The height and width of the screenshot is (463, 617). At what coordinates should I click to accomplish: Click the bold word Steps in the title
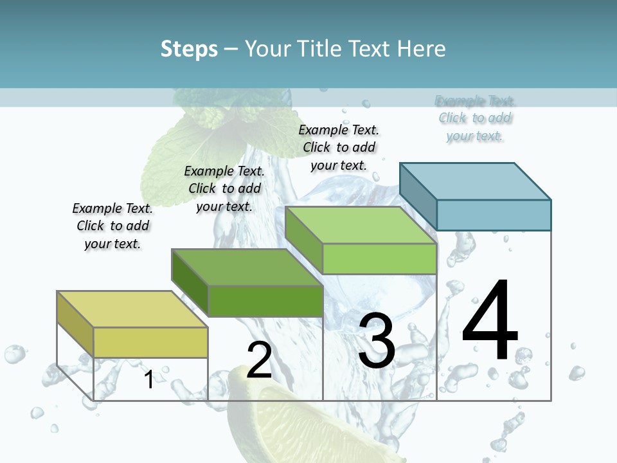[x=189, y=49]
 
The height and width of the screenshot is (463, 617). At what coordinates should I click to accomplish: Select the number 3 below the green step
[x=377, y=341]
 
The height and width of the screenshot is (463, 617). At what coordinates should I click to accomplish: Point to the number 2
[x=259, y=360]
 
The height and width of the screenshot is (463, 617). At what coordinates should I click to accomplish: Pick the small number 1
[x=148, y=379]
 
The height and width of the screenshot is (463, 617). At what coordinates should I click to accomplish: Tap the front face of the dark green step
[x=265, y=301]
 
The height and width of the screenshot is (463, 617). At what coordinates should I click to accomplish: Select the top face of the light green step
[x=360, y=225]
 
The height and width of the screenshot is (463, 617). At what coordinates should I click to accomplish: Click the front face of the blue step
[x=494, y=215]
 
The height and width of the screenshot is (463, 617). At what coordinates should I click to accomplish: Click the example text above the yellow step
[x=112, y=226]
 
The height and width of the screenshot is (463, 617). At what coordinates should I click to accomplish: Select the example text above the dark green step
[x=224, y=188]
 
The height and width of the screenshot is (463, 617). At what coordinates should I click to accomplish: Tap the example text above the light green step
[x=339, y=147]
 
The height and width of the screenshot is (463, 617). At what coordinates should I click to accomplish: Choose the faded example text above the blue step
[x=475, y=118]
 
